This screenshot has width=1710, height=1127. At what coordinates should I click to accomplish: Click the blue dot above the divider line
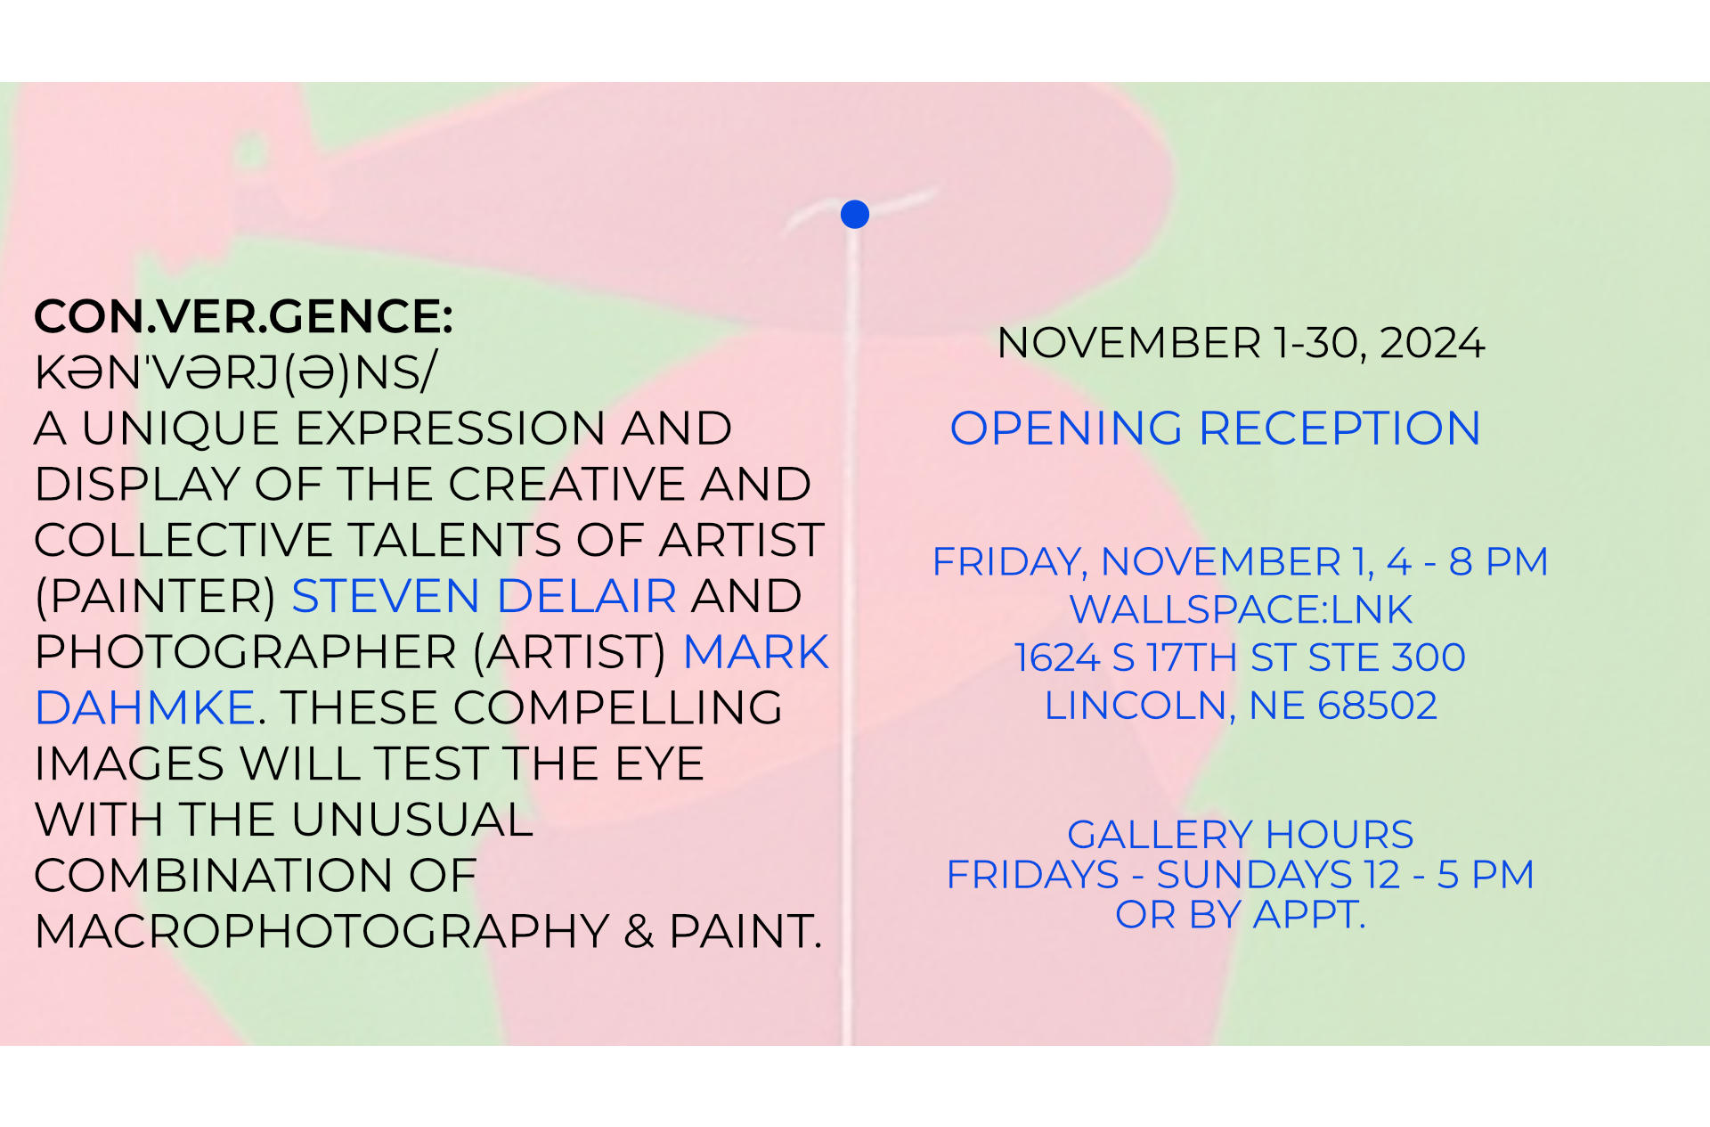click(x=855, y=214)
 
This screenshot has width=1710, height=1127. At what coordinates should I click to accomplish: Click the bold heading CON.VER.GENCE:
click(x=244, y=316)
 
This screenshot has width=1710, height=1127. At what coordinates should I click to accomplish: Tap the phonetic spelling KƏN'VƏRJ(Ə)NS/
click(x=235, y=372)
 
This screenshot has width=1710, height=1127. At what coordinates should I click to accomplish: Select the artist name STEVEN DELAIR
click(x=484, y=596)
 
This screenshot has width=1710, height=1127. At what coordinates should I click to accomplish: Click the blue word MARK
click(x=756, y=652)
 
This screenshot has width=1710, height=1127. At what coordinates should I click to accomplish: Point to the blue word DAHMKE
click(x=146, y=708)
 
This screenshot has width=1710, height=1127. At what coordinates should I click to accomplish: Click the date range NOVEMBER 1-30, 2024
click(x=1241, y=343)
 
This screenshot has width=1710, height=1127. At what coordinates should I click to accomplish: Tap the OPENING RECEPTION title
click(x=1216, y=429)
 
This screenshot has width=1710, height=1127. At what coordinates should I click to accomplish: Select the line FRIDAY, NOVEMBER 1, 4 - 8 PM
click(x=1240, y=562)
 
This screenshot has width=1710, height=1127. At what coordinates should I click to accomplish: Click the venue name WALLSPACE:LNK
click(x=1241, y=610)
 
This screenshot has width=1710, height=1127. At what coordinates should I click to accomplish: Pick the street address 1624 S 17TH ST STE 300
click(x=1240, y=658)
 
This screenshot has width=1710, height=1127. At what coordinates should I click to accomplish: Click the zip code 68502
click(x=1378, y=706)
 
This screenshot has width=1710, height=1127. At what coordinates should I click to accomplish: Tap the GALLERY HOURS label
click(x=1241, y=836)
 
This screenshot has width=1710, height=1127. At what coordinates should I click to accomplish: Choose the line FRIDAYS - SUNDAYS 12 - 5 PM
click(x=1241, y=875)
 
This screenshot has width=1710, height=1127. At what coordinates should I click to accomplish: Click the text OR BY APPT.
click(x=1241, y=915)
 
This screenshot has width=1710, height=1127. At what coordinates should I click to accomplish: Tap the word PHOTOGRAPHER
click(x=246, y=652)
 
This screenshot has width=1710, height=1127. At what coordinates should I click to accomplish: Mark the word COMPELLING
click(x=618, y=708)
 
